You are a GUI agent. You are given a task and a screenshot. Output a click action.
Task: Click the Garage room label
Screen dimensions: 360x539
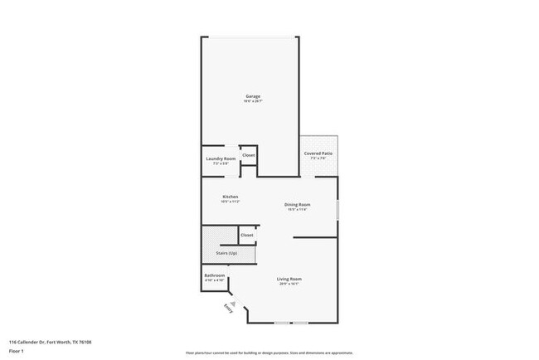tap(253, 96)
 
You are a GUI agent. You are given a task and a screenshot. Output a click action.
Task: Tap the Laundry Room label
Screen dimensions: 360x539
tap(220, 158)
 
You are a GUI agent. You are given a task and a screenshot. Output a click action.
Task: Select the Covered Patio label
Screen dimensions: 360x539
tap(318, 153)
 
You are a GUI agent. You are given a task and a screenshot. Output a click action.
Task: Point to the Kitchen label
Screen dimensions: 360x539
tap(231, 197)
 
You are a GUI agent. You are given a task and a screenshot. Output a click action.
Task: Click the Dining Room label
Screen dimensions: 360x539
tap(297, 204)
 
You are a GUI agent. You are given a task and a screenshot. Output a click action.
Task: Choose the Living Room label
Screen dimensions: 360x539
tap(289, 279)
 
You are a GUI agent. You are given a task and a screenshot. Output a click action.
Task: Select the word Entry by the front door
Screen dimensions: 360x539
tap(228, 309)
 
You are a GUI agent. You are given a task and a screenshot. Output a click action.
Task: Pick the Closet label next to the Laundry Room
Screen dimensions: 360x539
tap(248, 155)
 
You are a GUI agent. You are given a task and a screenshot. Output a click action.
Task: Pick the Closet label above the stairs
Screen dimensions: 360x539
tap(246, 236)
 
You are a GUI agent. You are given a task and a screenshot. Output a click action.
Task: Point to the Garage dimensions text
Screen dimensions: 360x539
tap(253, 102)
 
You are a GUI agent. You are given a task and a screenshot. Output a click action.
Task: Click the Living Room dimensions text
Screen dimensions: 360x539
tap(289, 284)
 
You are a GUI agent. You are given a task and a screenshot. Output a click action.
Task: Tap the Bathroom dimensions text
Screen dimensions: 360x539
tap(214, 281)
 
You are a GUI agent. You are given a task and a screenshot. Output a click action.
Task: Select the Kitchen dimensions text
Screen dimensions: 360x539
tap(231, 202)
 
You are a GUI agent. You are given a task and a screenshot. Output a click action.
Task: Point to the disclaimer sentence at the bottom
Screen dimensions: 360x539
tap(269, 352)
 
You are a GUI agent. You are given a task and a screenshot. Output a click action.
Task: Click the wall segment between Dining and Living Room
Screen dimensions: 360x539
tap(315, 238)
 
